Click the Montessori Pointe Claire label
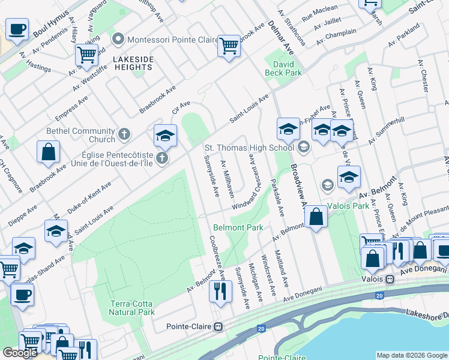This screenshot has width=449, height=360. tap(162, 40)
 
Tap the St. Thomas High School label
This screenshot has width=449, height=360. tap(249, 147)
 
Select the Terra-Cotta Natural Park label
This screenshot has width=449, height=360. tap(132, 308)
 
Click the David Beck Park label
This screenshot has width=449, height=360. tap(283, 67)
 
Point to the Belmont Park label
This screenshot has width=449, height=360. tap(238, 228)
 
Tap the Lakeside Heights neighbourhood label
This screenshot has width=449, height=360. tap(133, 63)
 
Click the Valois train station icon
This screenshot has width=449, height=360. tap(390, 279)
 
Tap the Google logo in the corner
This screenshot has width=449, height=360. tap(20, 353)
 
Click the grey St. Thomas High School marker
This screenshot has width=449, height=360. tap(304, 146)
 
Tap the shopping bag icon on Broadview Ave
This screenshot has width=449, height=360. tap(316, 217)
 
